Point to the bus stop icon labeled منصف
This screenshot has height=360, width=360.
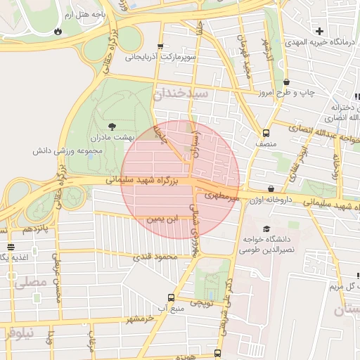pyautogui.click(x=266, y=133)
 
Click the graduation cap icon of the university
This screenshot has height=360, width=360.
pyautogui.click(x=266, y=229)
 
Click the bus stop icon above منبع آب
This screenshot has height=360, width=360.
pyautogui.click(x=169, y=297)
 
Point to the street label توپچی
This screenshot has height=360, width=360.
pyautogui.click(x=202, y=302)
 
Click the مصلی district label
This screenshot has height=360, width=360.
pyautogui.click(x=29, y=282)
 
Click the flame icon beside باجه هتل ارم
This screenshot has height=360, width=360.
pyautogui.click(x=57, y=32)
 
